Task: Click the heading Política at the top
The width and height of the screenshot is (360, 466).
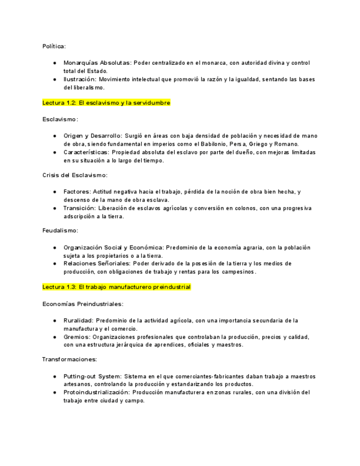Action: coord(54,46)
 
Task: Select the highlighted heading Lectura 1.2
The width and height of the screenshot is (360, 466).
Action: coord(106,103)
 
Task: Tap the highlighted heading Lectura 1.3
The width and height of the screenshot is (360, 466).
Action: coord(116,287)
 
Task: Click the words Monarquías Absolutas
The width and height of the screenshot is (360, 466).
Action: coord(97,63)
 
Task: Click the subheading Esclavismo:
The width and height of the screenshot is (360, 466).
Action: coord(60,119)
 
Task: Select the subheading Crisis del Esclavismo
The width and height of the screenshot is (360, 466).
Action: coord(75,175)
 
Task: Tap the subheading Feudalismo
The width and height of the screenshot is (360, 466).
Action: coord(60,231)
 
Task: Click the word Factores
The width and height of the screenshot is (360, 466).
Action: coord(76,192)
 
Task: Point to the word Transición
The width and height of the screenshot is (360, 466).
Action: coord(79,208)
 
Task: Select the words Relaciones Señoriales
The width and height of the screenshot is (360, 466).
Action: coord(98,264)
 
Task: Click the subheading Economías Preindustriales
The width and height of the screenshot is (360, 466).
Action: coord(82,303)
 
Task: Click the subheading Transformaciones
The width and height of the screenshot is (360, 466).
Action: coord(69,359)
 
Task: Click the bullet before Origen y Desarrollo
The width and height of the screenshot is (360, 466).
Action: coord(55,136)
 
